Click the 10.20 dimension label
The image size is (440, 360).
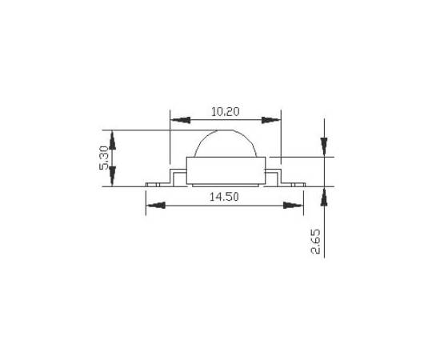coord(226,112)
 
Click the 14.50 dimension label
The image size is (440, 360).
coord(224,197)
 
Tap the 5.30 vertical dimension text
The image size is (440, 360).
coord(104,158)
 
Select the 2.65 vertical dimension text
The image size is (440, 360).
coord(315,242)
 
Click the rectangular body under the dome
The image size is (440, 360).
coord(226,170)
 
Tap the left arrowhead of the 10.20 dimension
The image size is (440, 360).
coord(181,120)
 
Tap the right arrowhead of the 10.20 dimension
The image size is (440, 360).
coord(271,120)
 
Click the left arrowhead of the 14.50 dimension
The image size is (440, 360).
coord(156,206)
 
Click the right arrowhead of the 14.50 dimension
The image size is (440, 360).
coord(294,206)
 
